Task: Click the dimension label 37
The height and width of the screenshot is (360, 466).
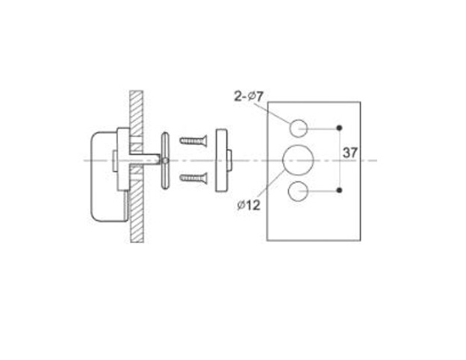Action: click(349, 153)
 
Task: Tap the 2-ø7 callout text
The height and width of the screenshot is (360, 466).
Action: click(249, 96)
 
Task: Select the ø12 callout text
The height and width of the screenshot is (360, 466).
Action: click(249, 205)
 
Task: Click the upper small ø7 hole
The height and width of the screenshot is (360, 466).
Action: click(298, 128)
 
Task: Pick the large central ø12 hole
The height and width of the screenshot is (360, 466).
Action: click(298, 160)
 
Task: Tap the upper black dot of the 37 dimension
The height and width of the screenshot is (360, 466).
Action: click(339, 128)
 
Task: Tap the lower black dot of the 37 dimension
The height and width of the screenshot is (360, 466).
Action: click(339, 190)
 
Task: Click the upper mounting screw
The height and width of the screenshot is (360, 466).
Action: click(193, 140)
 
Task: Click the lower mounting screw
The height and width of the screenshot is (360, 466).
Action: click(193, 179)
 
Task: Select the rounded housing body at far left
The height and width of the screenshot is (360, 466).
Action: click(110, 176)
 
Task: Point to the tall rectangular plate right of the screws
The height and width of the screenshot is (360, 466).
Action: click(221, 161)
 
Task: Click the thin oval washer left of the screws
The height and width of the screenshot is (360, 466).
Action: click(165, 161)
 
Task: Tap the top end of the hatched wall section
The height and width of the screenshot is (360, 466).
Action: click(137, 91)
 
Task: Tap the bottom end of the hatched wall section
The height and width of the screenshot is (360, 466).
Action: click(137, 242)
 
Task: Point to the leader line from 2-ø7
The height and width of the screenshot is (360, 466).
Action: click(275, 113)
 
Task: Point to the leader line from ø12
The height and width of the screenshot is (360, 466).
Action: click(270, 184)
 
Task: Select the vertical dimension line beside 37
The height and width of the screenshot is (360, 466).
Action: click(339, 159)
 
